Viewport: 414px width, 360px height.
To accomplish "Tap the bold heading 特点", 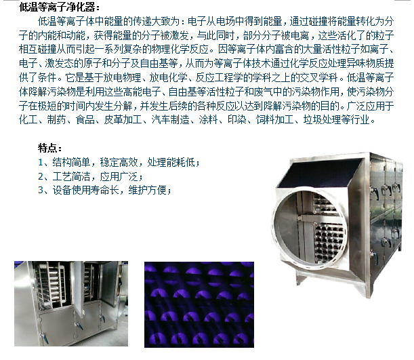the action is click(x=49, y=148).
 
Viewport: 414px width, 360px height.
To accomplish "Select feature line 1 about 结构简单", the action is click(x=119, y=162).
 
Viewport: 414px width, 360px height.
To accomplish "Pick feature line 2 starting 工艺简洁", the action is click(x=91, y=176).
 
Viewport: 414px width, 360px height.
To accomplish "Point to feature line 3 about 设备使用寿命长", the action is click(x=104, y=190).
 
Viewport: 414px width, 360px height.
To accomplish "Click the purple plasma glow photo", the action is click(x=199, y=304).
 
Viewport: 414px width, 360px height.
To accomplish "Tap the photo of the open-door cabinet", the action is click(x=71, y=304).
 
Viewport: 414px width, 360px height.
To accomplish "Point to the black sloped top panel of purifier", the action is click(x=319, y=174).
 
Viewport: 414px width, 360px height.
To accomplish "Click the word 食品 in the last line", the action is click(x=85, y=120).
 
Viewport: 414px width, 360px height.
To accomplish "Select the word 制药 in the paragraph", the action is click(x=56, y=120).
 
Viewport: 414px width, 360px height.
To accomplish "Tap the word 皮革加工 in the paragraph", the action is click(x=123, y=120).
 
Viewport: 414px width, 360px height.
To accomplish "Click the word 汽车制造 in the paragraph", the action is click(x=170, y=120).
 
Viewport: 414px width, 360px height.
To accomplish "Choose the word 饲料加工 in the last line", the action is click(x=274, y=120).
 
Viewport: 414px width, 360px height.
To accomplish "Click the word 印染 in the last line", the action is click(x=237, y=120).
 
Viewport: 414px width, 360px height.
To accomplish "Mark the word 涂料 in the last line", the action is click(x=208, y=120).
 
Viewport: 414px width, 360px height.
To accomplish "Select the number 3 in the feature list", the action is click(x=41, y=190).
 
